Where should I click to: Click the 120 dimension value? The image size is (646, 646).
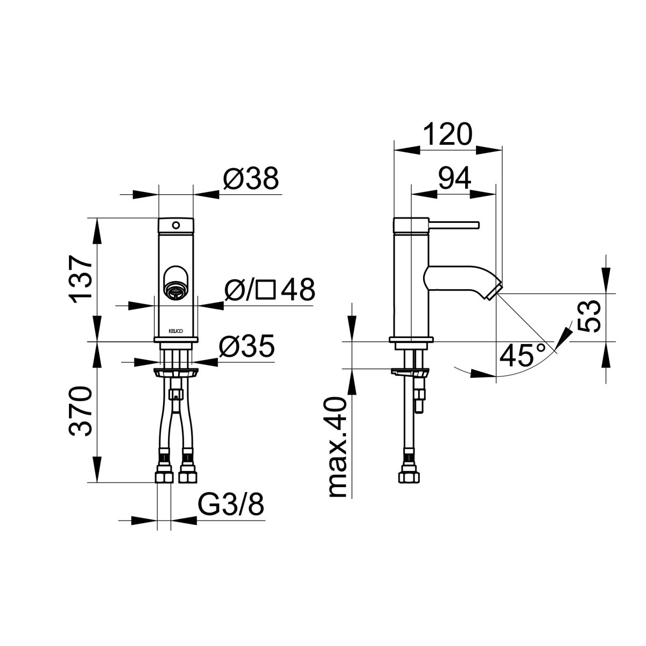[447, 134]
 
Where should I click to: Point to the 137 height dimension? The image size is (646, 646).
[81, 279]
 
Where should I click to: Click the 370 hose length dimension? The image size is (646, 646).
[81, 411]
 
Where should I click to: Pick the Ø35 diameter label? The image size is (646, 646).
[247, 346]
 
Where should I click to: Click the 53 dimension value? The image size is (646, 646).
[588, 316]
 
